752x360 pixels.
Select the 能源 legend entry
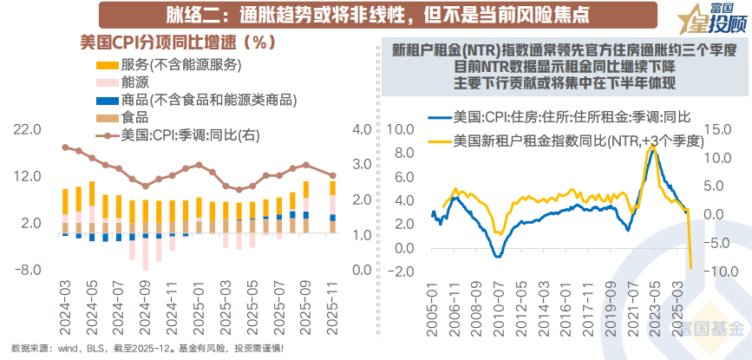click(x=134, y=82)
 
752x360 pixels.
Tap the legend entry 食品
click(x=134, y=117)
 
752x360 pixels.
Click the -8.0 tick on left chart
click(x=29, y=270)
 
